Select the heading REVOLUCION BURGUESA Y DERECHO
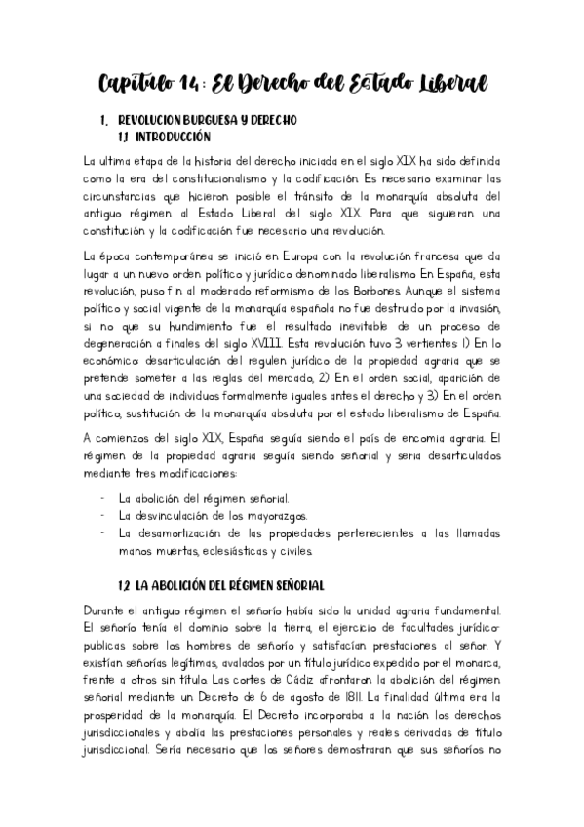point(206,120)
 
